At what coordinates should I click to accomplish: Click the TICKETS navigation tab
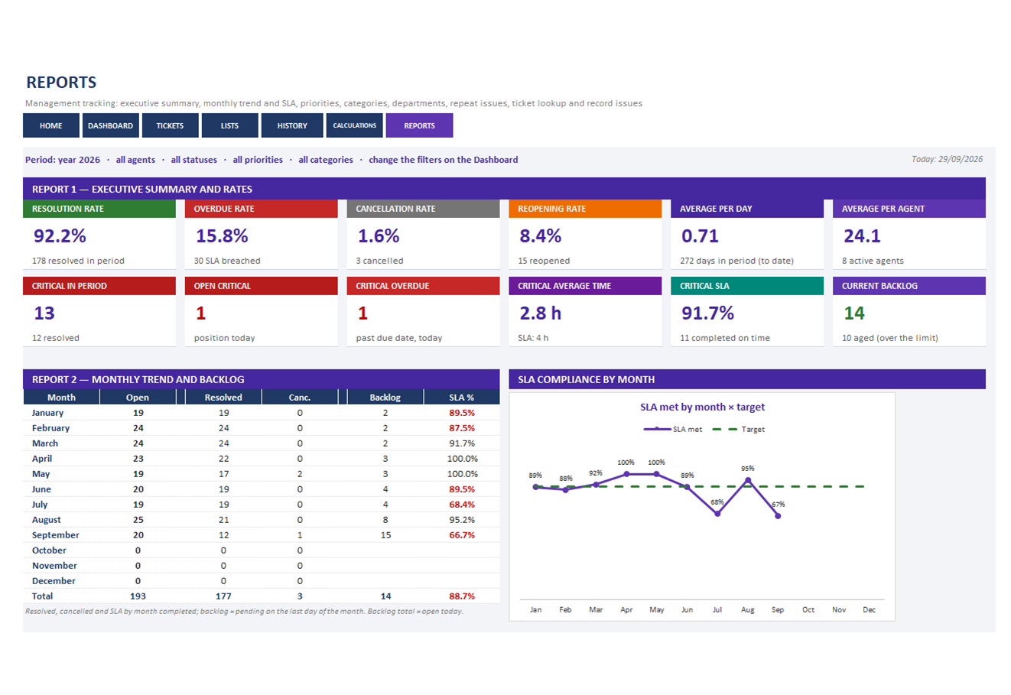pos(170,125)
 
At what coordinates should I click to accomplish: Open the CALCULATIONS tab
pos(354,125)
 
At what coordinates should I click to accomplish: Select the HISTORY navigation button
pos(292,125)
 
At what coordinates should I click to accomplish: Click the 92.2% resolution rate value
pos(60,236)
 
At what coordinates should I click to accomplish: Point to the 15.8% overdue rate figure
pos(222,236)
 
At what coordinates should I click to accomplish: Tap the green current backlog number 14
pos(854,313)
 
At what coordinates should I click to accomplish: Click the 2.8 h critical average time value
pos(540,313)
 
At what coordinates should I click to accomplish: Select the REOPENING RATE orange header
pos(585,209)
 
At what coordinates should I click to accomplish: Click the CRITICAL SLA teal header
pos(747,286)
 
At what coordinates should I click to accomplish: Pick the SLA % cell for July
pos(462,505)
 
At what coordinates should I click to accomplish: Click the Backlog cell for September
pos(385,535)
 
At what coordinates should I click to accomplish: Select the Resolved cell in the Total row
pos(223,596)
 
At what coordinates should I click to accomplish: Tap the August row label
pos(46,520)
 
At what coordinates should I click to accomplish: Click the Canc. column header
pos(300,398)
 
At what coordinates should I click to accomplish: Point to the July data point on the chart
pos(717,514)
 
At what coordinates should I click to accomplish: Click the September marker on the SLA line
pos(778,516)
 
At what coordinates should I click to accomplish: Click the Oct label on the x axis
pos(808,609)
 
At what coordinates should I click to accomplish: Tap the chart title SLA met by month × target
pos(702,407)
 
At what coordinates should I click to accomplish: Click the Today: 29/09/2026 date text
pos(947,159)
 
